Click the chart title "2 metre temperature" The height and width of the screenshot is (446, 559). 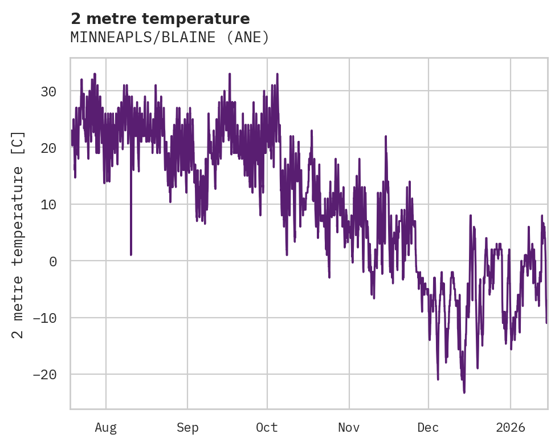click(160, 19)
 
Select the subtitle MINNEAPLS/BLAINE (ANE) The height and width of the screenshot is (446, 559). click(169, 38)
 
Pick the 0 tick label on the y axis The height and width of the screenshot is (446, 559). click(53, 261)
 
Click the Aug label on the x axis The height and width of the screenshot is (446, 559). click(105, 428)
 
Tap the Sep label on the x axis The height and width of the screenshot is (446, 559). click(187, 428)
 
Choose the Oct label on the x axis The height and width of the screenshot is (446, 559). click(267, 428)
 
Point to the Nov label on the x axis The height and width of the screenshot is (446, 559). click(349, 428)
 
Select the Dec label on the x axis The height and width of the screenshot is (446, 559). click(429, 428)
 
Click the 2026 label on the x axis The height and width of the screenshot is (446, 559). click(511, 428)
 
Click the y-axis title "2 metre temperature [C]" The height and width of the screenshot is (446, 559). click(19, 234)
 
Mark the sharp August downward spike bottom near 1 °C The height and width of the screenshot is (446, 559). click(131, 254)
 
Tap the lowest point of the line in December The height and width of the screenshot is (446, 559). click(464, 392)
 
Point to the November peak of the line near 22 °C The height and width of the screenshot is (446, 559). click(386, 136)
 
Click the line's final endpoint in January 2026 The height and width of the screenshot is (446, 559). click(546, 323)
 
